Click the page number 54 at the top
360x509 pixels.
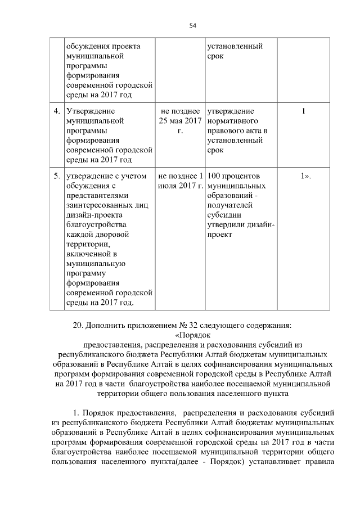[x=193, y=25]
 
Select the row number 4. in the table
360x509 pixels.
[x=57, y=111]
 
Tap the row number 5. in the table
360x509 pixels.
[x=57, y=176]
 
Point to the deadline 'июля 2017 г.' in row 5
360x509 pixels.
[x=181, y=186]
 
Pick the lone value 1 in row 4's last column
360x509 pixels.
[x=304, y=111]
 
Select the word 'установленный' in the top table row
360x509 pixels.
[x=235, y=46]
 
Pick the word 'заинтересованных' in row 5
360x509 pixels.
[x=101, y=206]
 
